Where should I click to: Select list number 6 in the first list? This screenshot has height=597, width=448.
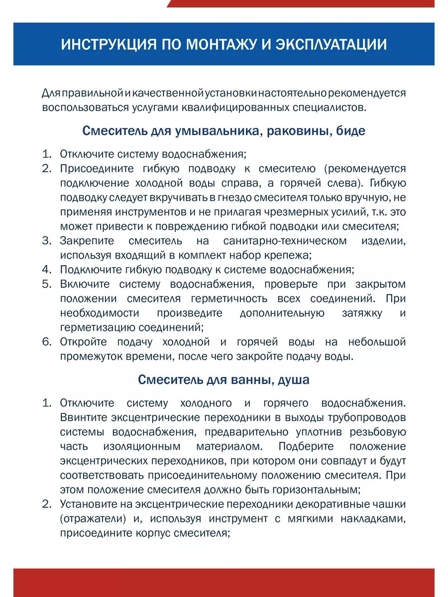[x=46, y=342]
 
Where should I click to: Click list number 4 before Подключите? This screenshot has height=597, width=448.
[x=46, y=270]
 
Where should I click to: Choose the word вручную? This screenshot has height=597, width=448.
[x=365, y=198]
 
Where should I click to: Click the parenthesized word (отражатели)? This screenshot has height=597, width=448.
[x=92, y=518]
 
